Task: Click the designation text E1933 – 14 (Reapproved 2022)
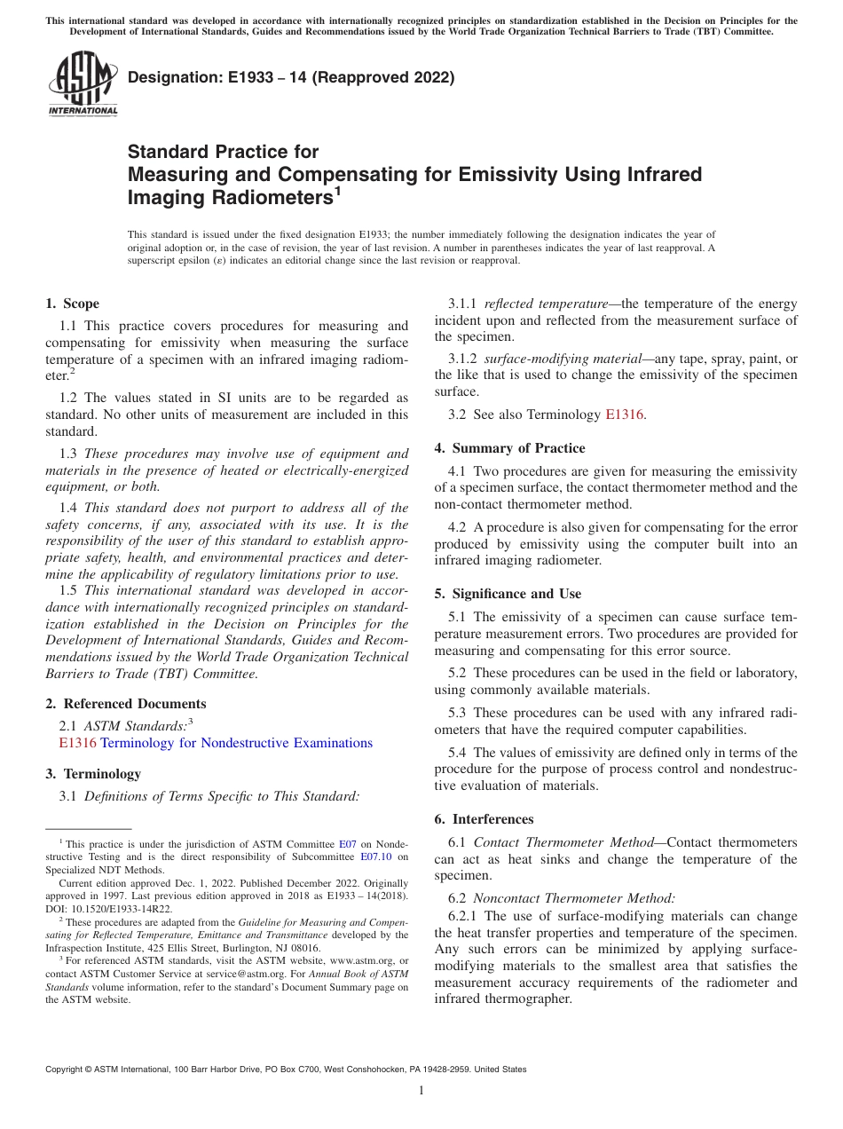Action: [291, 77]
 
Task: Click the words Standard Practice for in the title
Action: [223, 152]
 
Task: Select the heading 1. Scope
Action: [73, 304]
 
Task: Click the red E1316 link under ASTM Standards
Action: [77, 743]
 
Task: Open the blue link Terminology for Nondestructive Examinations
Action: [236, 743]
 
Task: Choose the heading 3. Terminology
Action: [93, 774]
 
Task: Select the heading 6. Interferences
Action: [485, 819]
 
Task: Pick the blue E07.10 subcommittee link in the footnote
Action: [377, 857]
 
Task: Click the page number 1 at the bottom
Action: [421, 1090]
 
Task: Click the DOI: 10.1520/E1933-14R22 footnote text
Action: [109, 909]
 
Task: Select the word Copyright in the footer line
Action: [67, 1070]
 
